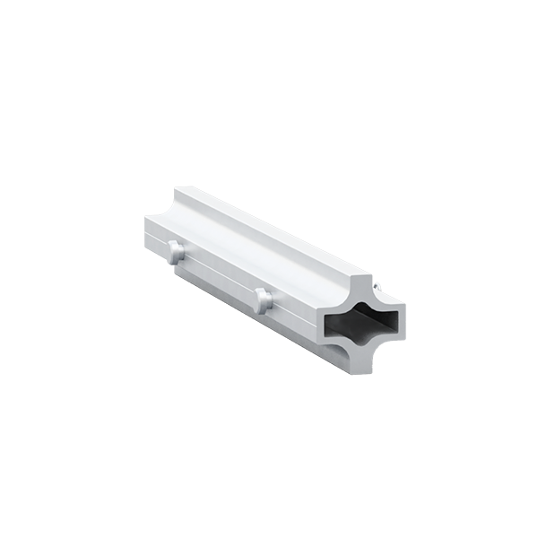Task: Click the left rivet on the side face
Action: pyautogui.click(x=176, y=252)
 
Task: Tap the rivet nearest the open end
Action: pyautogui.click(x=262, y=299)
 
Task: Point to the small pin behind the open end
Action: pyautogui.click(x=379, y=287)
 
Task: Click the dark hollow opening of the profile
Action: pyautogui.click(x=359, y=324)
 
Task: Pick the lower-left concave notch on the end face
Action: pyautogui.click(x=335, y=349)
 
